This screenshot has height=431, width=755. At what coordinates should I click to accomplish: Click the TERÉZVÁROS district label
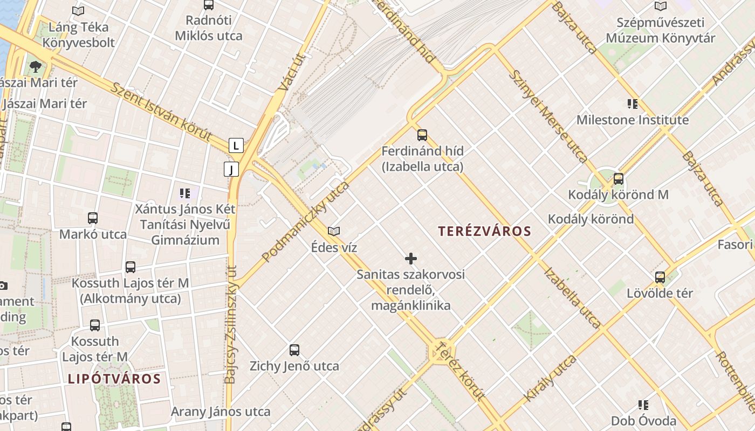[484, 231]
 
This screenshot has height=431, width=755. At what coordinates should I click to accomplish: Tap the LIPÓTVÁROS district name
[114, 378]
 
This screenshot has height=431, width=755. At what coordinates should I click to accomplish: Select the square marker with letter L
[236, 145]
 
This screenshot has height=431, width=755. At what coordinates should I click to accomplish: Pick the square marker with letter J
[231, 170]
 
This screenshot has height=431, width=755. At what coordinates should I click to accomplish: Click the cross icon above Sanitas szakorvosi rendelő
[411, 259]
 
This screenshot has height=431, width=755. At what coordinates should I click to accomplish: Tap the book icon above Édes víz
[334, 232]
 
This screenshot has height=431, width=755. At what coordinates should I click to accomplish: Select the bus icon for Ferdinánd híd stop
[422, 135]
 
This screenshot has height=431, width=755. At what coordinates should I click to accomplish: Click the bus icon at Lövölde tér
[660, 277]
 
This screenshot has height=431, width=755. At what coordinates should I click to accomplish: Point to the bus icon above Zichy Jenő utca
[294, 350]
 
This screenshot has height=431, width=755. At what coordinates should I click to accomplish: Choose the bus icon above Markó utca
[93, 218]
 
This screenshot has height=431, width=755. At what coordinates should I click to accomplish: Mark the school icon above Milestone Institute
[632, 103]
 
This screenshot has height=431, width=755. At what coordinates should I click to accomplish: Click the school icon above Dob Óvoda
[643, 405]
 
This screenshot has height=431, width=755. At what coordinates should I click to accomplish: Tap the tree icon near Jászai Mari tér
[36, 67]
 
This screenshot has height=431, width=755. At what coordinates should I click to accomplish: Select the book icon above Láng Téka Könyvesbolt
[78, 11]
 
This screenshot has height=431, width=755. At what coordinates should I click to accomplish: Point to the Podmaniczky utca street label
[306, 222]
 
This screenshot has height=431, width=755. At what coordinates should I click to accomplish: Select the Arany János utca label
[221, 412]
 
